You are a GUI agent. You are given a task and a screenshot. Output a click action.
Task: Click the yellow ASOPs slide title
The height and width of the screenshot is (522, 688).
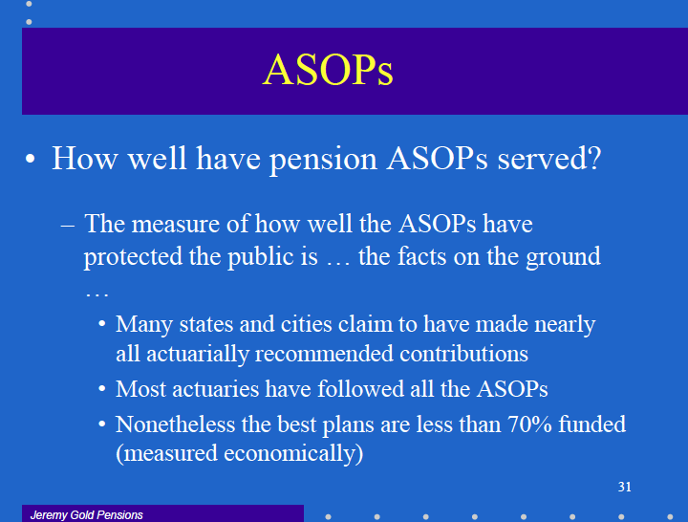[x=328, y=70]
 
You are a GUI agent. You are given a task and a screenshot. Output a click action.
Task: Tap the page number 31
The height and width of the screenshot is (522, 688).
[x=624, y=487]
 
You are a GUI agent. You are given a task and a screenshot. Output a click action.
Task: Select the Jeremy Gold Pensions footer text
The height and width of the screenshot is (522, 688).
[x=86, y=515]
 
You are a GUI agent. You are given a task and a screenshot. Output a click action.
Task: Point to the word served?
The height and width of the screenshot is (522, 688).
[x=549, y=158]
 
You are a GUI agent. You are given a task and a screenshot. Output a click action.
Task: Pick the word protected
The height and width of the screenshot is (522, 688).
[x=133, y=257]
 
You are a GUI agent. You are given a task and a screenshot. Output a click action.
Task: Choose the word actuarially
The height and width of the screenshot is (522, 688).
[x=197, y=355]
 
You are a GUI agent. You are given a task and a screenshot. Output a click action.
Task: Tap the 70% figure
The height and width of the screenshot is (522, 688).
[x=529, y=424]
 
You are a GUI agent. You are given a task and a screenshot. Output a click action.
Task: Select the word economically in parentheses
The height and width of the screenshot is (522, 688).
[x=290, y=453]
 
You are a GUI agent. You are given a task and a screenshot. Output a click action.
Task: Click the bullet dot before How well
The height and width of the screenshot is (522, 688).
[x=31, y=159]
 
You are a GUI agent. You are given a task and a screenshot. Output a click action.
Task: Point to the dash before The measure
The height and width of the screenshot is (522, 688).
[x=68, y=226]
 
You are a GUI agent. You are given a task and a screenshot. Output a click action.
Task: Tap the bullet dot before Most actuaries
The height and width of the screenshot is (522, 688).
[x=102, y=389]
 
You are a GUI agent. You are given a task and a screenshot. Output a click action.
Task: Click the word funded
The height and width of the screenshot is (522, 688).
[x=591, y=424]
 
